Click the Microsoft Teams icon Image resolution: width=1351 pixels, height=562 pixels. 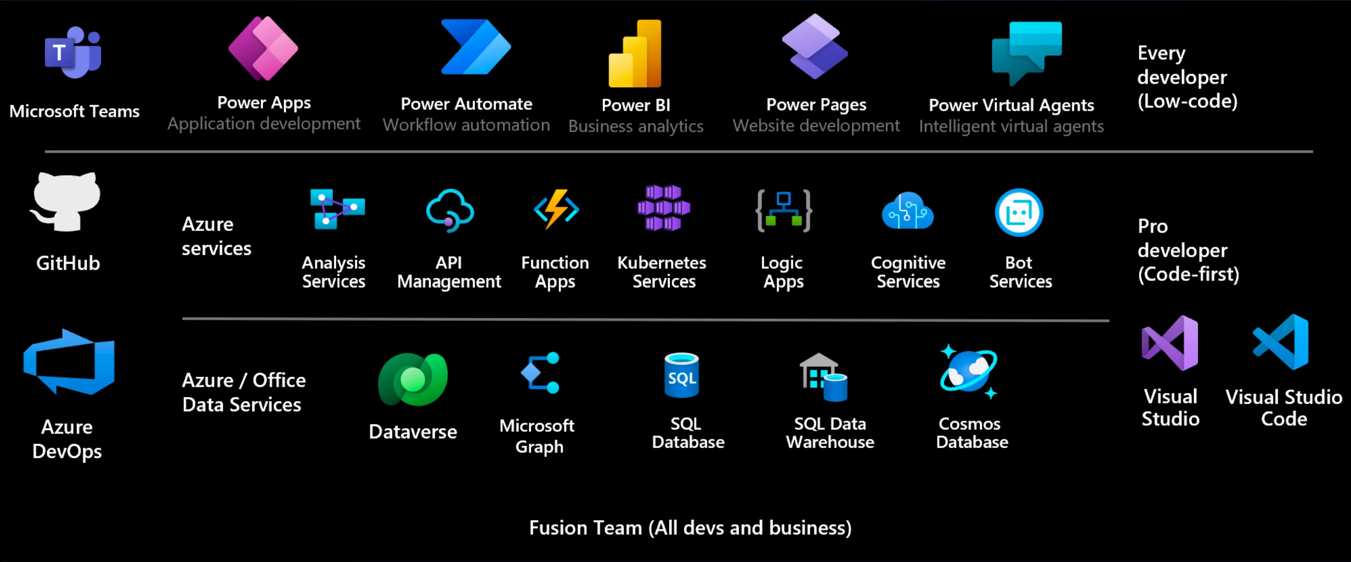coord(73,52)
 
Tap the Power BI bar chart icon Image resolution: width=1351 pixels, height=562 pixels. coord(635,54)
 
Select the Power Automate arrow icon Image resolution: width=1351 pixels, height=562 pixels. coord(475,47)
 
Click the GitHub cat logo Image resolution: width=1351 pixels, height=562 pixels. coord(65,202)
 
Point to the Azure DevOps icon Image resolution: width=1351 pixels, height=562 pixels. coord(69,362)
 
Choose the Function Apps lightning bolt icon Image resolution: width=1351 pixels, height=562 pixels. coord(556,209)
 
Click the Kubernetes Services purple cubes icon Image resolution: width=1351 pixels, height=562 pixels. coord(663,208)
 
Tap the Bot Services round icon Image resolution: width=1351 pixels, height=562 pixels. coord(1019,212)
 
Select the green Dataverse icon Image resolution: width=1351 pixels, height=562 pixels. coord(413,379)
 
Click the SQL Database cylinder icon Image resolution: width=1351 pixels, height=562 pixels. coord(682,375)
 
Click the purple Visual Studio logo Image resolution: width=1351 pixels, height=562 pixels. coord(1170,344)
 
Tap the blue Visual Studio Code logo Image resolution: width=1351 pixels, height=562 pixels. coord(1281,342)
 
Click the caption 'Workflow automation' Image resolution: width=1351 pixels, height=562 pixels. coord(466,125)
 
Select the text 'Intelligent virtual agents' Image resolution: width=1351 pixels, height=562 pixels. coord(1011,126)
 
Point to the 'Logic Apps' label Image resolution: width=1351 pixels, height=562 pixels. coord(782,272)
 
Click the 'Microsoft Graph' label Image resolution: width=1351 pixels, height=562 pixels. coord(538,436)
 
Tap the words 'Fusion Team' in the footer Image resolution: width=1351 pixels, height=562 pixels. coord(585,528)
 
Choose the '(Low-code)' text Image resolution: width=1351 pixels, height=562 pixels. coord(1187,101)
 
